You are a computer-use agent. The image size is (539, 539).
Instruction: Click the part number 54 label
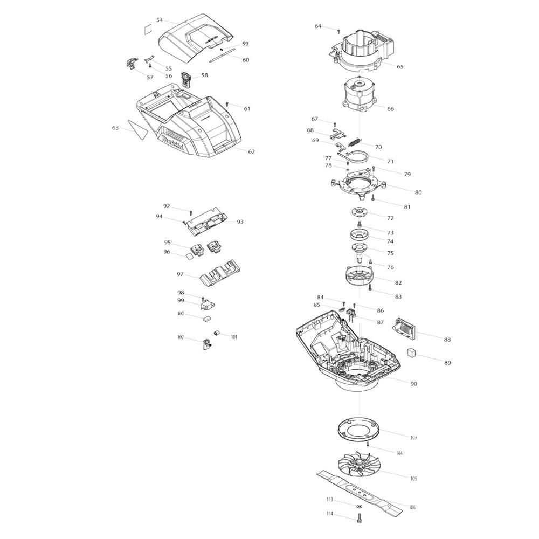(160, 20)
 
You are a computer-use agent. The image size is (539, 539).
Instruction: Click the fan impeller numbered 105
(359, 464)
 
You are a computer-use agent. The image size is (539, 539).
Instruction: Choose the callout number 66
(390, 109)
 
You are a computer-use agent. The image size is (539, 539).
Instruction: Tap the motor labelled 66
(360, 95)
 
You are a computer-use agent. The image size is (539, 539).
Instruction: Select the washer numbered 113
(359, 506)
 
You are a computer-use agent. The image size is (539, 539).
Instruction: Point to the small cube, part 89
(412, 353)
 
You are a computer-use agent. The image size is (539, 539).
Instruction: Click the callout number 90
(414, 384)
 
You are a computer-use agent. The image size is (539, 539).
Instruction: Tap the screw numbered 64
(338, 31)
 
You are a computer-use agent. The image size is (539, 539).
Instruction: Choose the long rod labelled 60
(222, 56)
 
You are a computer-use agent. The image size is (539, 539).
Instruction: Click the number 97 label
(180, 274)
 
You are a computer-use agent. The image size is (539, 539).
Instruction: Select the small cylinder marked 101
(217, 333)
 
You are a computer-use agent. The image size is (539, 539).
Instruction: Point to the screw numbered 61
(227, 104)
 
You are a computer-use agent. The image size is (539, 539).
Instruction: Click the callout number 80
(418, 192)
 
